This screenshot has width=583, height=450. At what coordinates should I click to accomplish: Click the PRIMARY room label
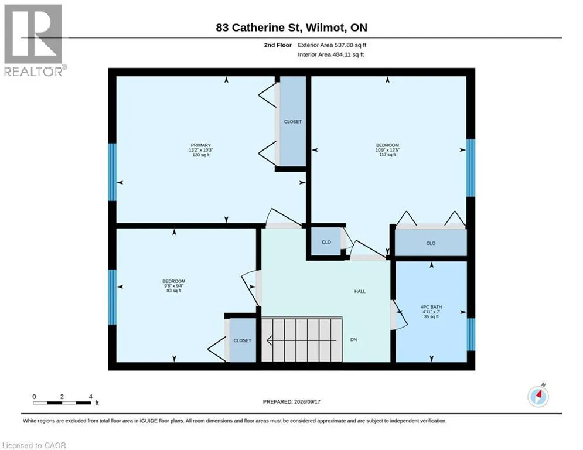(x=201, y=145)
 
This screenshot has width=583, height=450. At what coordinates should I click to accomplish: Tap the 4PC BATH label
(x=431, y=307)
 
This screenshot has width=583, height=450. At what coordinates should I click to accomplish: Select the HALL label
(x=360, y=292)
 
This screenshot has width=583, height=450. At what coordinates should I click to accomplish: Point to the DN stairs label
(x=353, y=339)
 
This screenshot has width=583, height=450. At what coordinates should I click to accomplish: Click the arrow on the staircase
(x=302, y=340)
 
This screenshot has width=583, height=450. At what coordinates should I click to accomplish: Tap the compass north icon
(x=538, y=396)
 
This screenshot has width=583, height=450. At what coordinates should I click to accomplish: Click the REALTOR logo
(x=33, y=40)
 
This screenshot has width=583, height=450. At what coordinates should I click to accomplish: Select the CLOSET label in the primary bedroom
(x=293, y=122)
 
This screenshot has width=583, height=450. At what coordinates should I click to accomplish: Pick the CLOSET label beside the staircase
(x=243, y=340)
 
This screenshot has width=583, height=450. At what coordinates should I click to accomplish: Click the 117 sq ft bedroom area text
(x=387, y=155)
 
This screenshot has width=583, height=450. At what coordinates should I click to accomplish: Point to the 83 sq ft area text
(x=173, y=291)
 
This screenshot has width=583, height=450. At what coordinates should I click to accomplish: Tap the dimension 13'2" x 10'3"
(x=201, y=150)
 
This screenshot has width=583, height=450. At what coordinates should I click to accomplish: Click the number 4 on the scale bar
(x=90, y=397)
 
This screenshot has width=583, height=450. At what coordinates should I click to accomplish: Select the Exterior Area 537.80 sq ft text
(x=332, y=45)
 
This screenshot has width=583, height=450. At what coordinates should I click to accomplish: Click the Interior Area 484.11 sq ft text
(x=331, y=54)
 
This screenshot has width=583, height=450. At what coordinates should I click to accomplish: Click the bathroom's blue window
(x=471, y=335)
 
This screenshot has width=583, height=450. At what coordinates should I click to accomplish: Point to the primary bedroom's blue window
(x=112, y=172)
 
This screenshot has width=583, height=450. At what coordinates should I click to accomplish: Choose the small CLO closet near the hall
(x=326, y=242)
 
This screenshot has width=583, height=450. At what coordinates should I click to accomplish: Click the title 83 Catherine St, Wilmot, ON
(x=292, y=28)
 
